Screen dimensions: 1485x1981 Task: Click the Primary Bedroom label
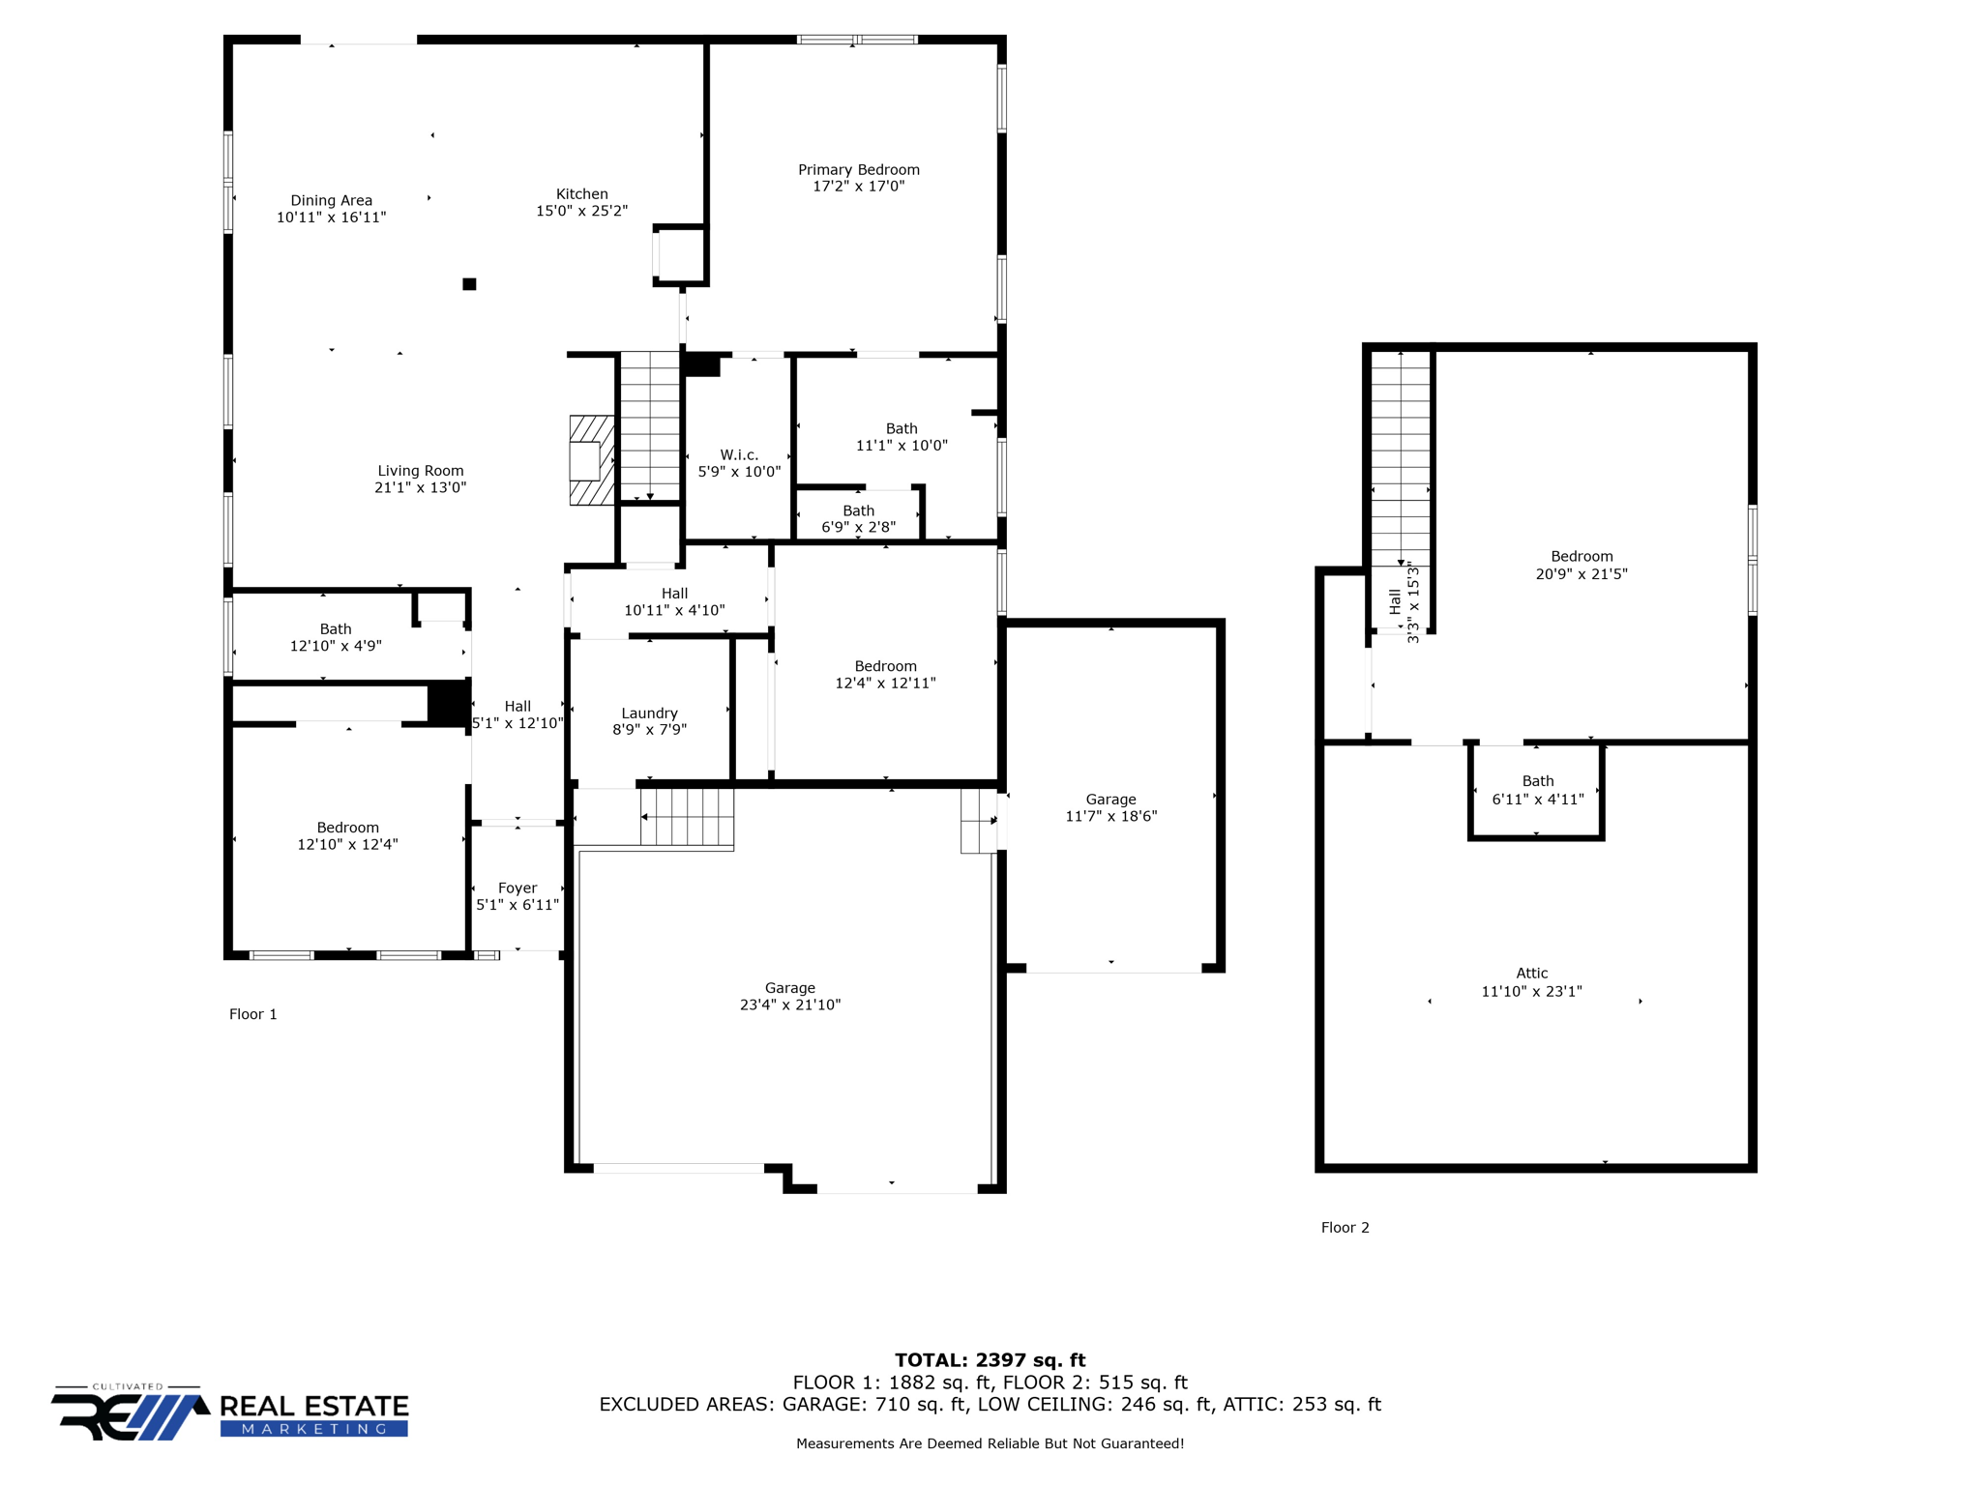(858, 170)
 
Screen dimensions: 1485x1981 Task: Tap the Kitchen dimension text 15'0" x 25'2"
(581, 211)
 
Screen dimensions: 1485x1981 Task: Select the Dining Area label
(331, 201)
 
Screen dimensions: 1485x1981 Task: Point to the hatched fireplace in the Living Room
(591, 460)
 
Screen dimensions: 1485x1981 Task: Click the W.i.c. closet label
(739, 455)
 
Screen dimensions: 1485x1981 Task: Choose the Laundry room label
(649, 713)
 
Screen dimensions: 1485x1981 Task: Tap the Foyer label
(517, 888)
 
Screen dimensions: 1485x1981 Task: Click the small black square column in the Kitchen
(469, 284)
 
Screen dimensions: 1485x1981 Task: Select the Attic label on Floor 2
(1531, 974)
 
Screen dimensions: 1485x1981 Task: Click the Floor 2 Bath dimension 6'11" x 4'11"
(1537, 800)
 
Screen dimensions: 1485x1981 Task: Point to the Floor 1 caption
(253, 1014)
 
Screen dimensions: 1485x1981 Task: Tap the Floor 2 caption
(1345, 1228)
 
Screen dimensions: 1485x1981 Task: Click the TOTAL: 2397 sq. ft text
(990, 1360)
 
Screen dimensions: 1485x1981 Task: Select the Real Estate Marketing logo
(230, 1414)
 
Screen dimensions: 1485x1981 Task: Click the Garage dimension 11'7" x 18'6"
(1110, 817)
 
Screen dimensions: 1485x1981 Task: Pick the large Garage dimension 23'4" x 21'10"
(790, 1005)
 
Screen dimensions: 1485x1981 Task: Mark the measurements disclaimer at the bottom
(990, 1443)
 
